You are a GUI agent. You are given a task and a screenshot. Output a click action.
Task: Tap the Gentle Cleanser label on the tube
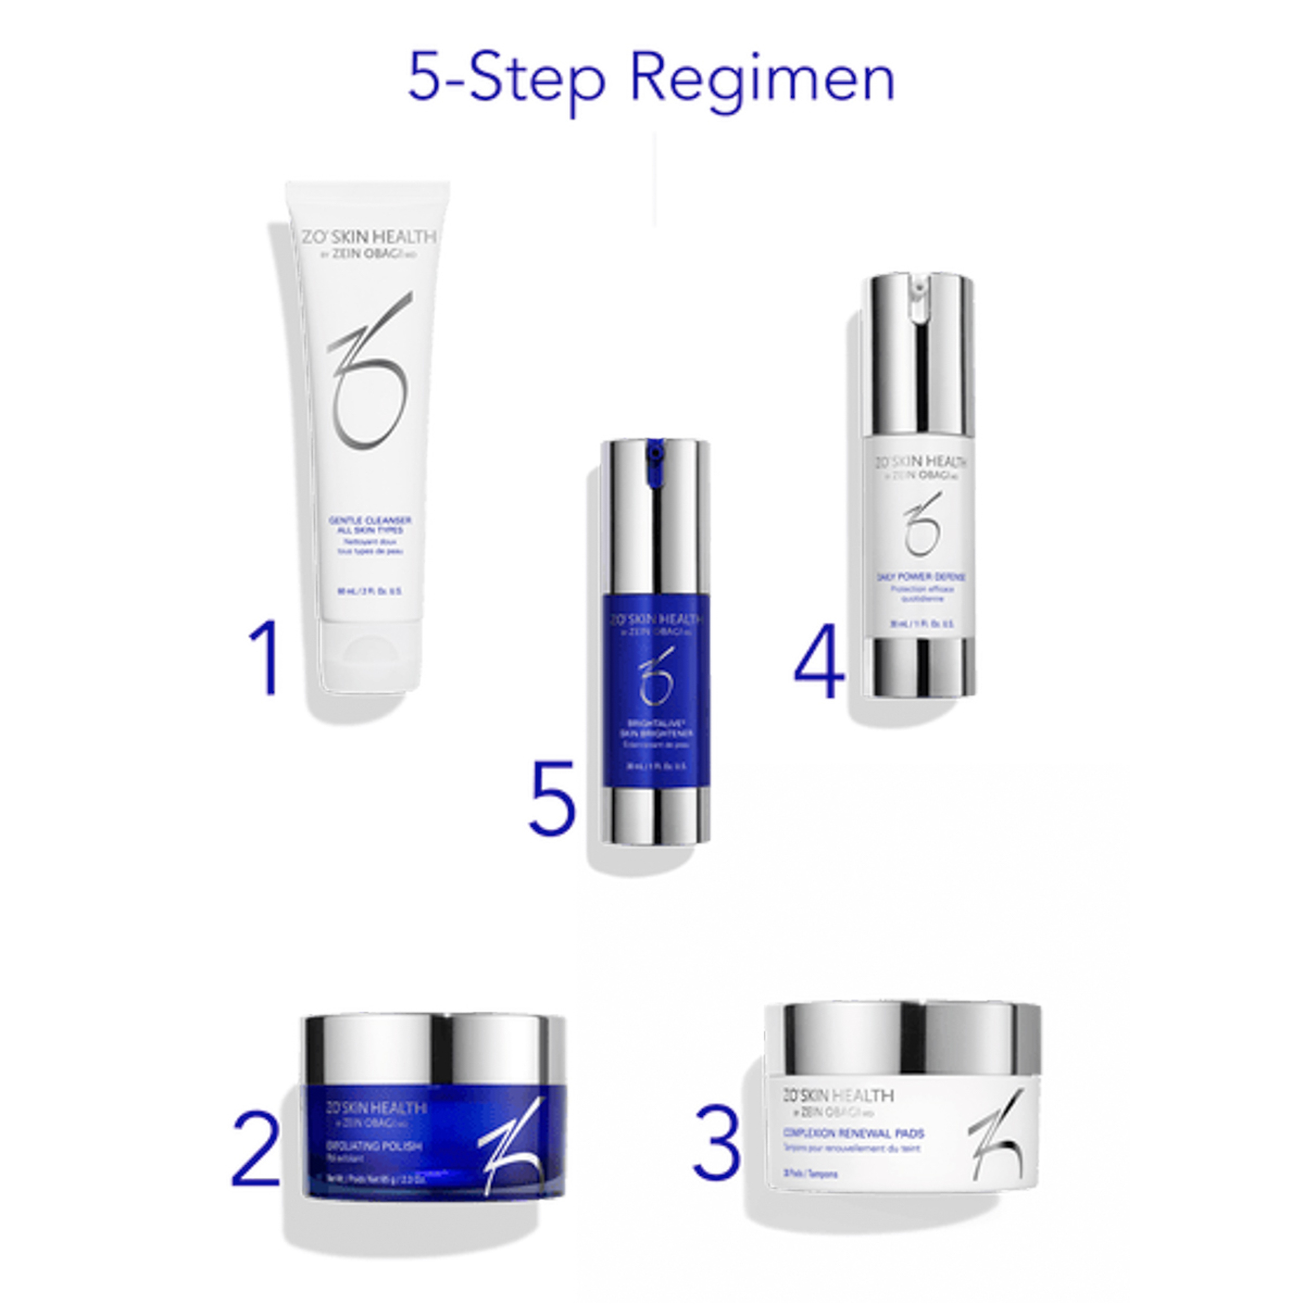370,525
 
